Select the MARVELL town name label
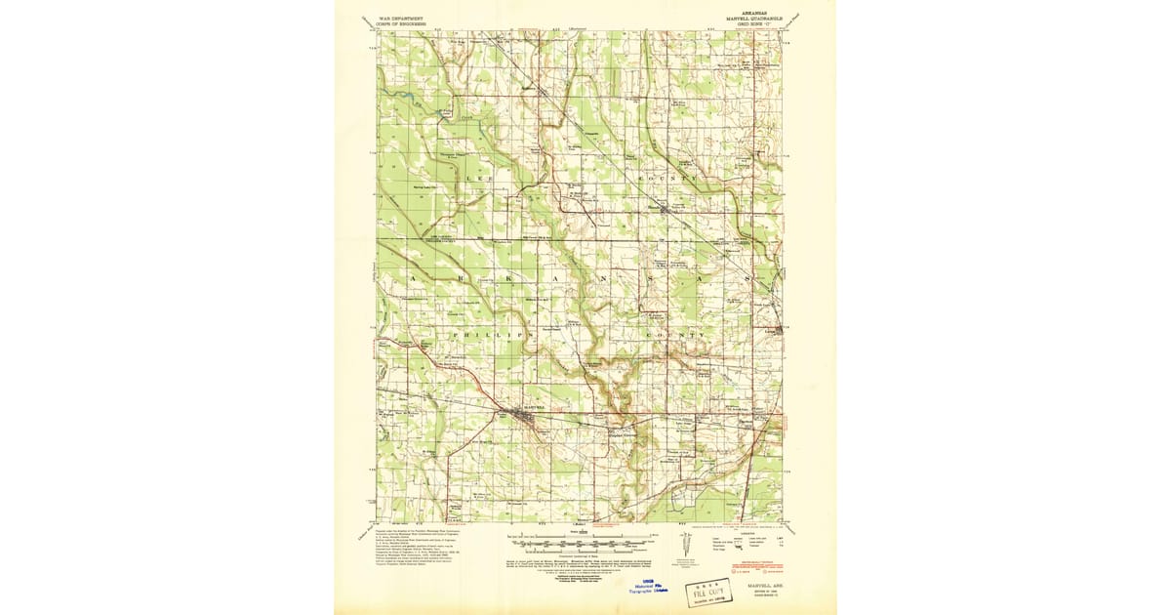pos(525,405)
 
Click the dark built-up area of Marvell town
pos(525,418)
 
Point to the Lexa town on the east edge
pos(779,330)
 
